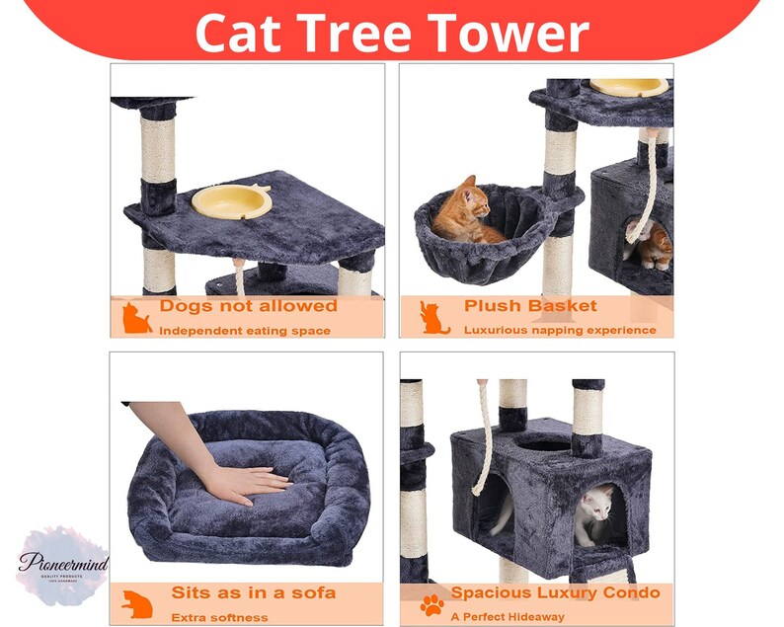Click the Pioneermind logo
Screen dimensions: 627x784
62,566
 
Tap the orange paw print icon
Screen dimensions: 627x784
431,604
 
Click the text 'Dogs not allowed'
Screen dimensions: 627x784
248,306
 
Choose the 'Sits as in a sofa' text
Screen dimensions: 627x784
253,592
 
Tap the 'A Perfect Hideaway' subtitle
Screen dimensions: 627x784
508,616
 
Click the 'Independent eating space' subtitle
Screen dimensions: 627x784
245,330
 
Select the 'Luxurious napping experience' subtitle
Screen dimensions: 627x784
560,330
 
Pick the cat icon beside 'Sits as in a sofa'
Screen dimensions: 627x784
136,603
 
